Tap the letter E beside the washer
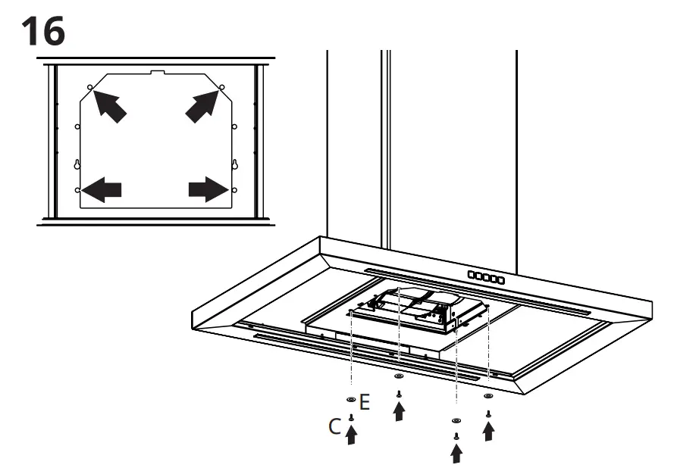pyautogui.click(x=365, y=402)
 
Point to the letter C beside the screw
pyautogui.click(x=335, y=427)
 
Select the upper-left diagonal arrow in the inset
pyautogui.click(x=109, y=106)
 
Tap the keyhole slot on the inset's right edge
pyautogui.click(x=234, y=164)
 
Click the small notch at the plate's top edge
pyautogui.click(x=157, y=73)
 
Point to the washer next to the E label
pyautogui.click(x=350, y=399)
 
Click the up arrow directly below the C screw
pyautogui.click(x=351, y=435)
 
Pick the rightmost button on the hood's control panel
pyautogui.click(x=500, y=280)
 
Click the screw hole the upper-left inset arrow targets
pyautogui.click(x=90, y=88)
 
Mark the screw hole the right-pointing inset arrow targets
pyautogui.click(x=234, y=189)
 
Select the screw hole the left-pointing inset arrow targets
pyautogui.click(x=78, y=189)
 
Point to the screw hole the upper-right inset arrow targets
pyautogui.click(x=222, y=88)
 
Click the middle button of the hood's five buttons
pyautogui.click(x=486, y=279)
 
